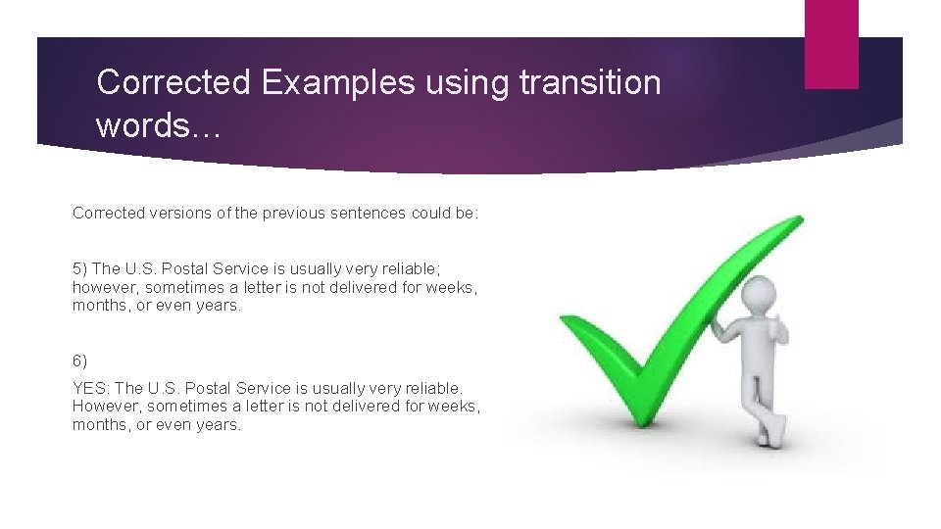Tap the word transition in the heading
590,82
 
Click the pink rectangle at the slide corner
831,44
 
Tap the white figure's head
761,291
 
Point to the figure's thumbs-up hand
780,330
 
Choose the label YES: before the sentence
92,388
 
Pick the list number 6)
80,361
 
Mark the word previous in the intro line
295,213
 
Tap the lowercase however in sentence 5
106,287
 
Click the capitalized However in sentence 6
107,406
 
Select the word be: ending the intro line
467,213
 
